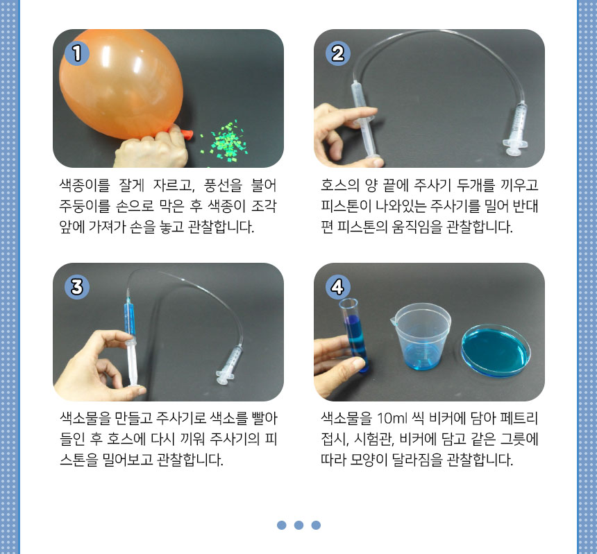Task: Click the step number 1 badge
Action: click(77, 53)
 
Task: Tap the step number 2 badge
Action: click(337, 53)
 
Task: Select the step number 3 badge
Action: click(77, 286)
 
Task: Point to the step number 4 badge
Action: click(337, 286)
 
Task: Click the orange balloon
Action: click(121, 84)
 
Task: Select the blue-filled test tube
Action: click(355, 335)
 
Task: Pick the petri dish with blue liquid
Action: click(496, 351)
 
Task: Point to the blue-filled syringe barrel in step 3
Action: click(130, 318)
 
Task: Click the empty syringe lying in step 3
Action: click(229, 365)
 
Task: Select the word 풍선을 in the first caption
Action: click(223, 186)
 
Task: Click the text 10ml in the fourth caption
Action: click(392, 418)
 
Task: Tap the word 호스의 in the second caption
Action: click(339, 186)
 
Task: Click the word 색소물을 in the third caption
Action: click(85, 418)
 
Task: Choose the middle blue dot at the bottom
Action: click(299, 525)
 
